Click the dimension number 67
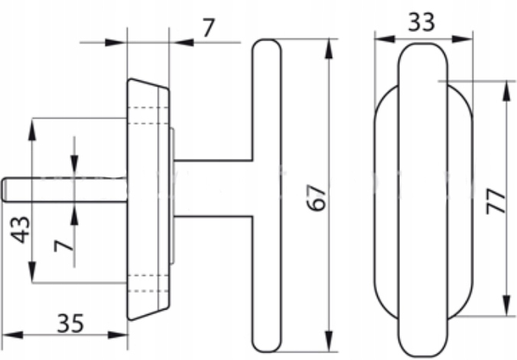[x=317, y=198]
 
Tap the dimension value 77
[x=496, y=202]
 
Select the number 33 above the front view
[x=421, y=22]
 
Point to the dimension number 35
[x=70, y=323]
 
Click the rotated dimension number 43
[x=21, y=230]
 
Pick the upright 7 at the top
[x=209, y=28]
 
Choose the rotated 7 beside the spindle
[x=63, y=245]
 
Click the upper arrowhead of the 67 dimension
[x=329, y=49]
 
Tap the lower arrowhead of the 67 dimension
[x=329, y=342]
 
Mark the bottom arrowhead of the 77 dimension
[x=506, y=306]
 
